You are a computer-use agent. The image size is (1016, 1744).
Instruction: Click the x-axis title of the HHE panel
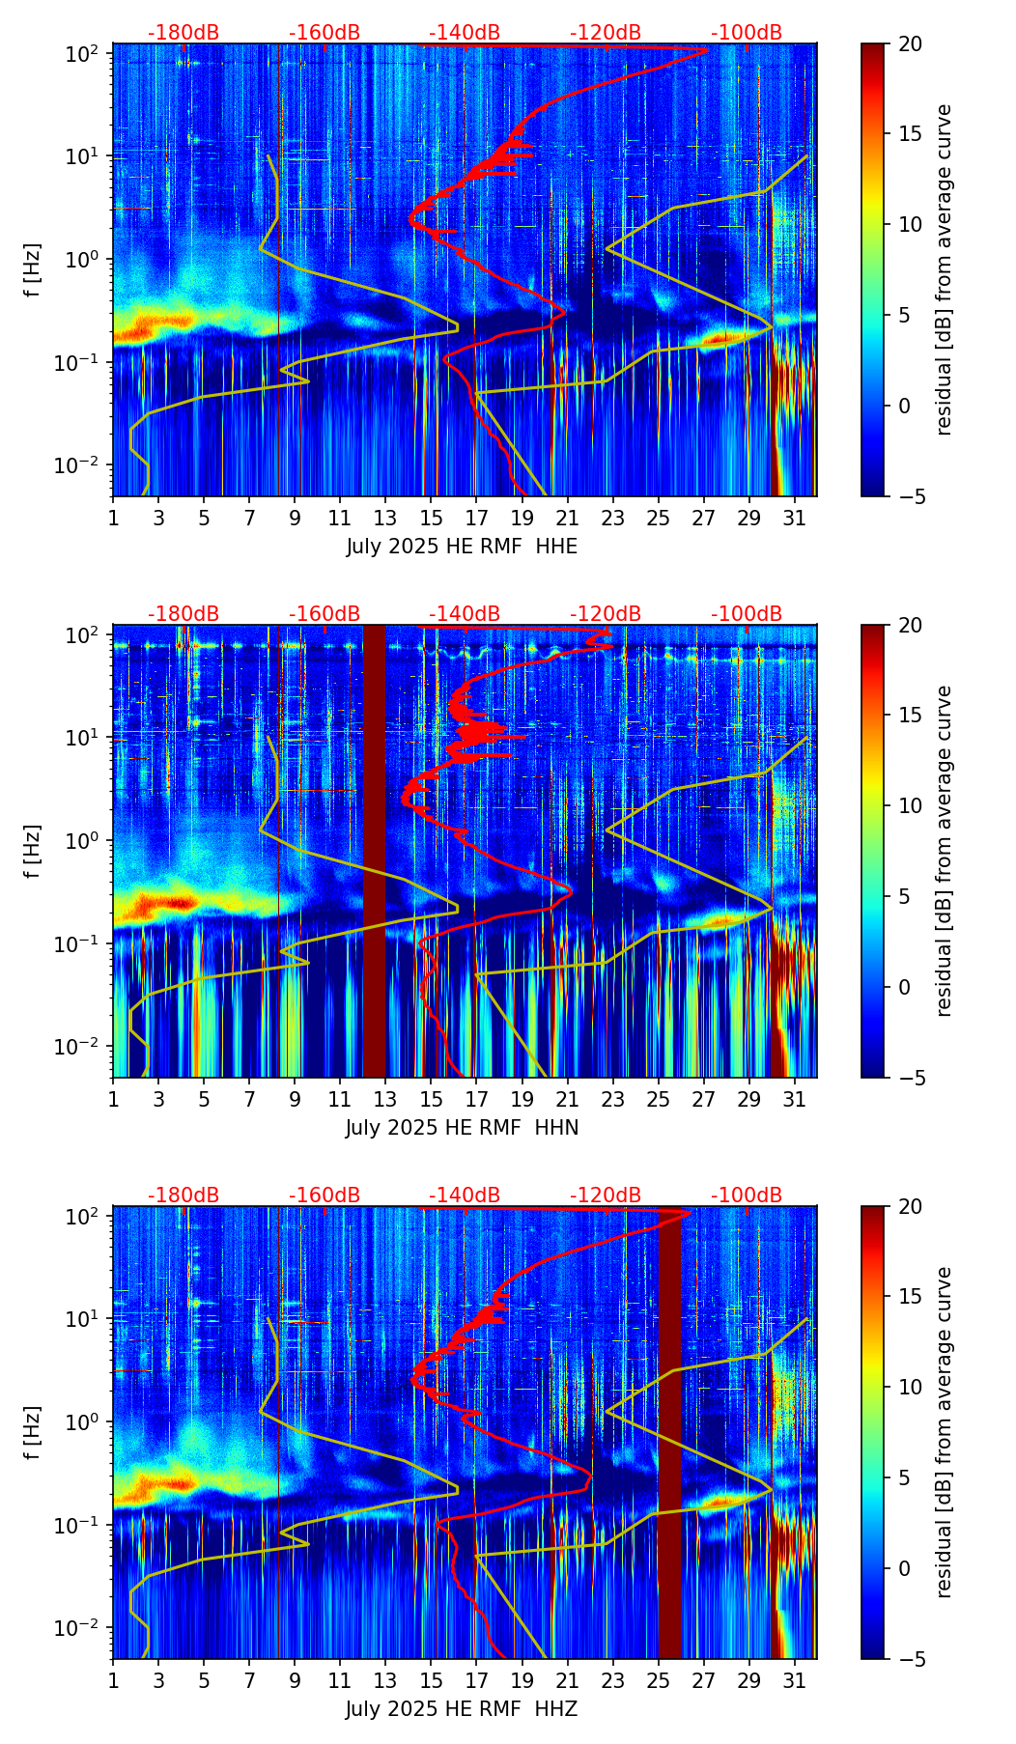[462, 547]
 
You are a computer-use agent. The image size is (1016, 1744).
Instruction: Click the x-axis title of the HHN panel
[462, 1128]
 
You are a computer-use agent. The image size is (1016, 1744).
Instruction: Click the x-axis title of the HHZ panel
[462, 1709]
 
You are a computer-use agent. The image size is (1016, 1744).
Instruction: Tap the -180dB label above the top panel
[183, 33]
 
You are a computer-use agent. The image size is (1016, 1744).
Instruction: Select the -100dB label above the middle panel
[747, 614]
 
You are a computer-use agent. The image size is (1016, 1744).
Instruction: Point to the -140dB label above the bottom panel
[465, 1195]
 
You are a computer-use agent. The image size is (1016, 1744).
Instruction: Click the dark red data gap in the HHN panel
[374, 850]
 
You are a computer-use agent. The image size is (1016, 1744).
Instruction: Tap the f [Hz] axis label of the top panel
[34, 270]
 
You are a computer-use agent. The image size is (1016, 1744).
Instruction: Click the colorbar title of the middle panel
[945, 850]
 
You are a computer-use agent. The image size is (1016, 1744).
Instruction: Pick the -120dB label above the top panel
[606, 33]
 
